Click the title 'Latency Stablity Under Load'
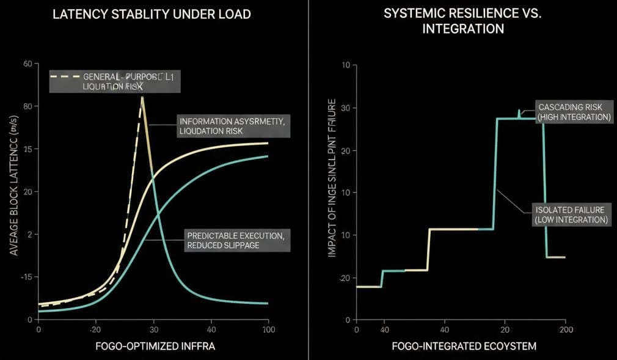152,14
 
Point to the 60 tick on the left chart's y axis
27,64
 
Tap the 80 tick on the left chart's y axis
27,106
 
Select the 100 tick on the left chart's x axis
268,330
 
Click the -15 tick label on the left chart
25,277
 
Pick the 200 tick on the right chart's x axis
565,330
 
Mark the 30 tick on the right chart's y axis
345,108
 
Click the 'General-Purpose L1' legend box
115,81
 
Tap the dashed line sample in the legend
65,76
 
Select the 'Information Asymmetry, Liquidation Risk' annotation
232,126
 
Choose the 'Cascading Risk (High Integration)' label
574,112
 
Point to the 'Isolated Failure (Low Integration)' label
571,214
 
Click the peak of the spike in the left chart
142,97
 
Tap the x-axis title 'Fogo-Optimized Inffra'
155,346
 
